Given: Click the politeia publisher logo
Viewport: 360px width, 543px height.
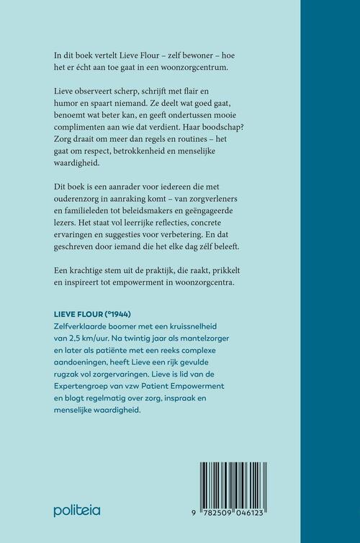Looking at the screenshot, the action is [77, 511].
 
